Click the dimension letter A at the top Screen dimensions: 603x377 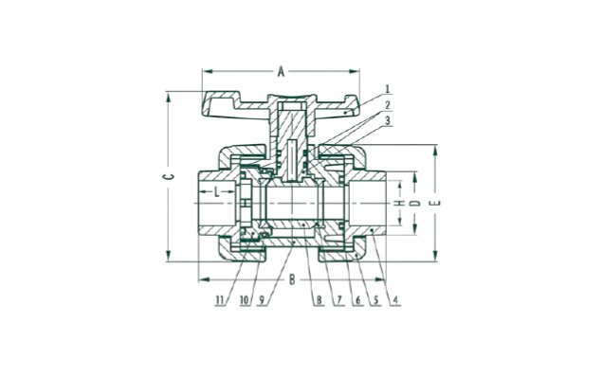[282, 71]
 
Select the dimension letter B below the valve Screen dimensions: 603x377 [292, 279]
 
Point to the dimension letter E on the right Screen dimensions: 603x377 [437, 203]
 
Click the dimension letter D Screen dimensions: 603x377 [413, 203]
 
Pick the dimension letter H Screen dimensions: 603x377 [401, 203]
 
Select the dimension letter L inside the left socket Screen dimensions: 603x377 [217, 191]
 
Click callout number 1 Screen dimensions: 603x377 [388, 89]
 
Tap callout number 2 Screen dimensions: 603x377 [388, 105]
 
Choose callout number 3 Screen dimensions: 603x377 [388, 120]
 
